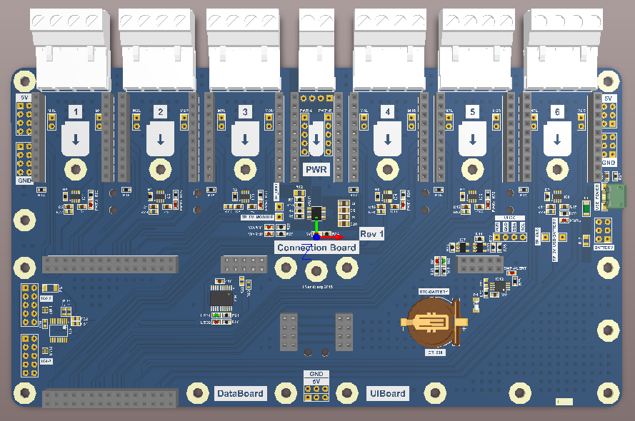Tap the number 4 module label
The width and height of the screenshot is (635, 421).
[x=387, y=112]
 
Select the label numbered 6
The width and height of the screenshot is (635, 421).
[x=556, y=112]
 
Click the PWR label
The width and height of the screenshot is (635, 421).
[x=316, y=169]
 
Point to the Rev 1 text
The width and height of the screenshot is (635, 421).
[x=371, y=234]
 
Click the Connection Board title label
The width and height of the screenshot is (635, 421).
[x=317, y=247]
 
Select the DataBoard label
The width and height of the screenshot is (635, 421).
[x=240, y=393]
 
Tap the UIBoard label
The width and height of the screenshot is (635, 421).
[x=387, y=393]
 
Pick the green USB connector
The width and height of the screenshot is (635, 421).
[x=614, y=194]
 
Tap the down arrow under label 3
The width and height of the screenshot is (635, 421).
[x=244, y=139]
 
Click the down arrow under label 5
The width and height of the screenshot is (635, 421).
[x=471, y=139]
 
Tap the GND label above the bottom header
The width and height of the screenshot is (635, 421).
[x=316, y=374]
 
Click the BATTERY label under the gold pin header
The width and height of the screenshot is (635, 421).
[x=604, y=247]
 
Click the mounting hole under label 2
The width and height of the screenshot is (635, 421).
[x=160, y=170]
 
